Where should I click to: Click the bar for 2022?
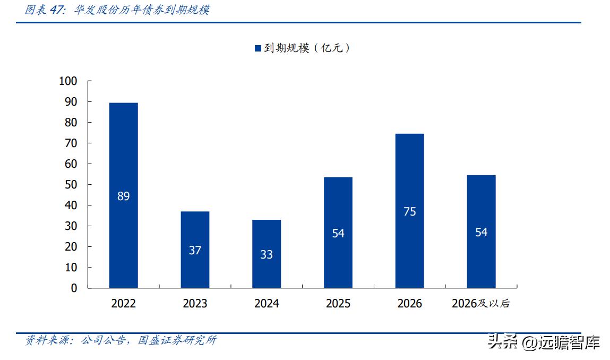123,159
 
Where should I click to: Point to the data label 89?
123,196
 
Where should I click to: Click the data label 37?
195,250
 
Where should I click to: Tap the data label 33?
267,255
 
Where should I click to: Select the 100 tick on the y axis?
68,81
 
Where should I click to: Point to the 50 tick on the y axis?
71,185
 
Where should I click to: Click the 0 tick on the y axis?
74,288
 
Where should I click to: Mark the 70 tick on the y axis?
71,143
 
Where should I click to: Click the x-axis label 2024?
267,304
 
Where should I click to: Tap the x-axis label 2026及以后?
481,304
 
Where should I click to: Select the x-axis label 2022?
123,304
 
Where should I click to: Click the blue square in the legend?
258,48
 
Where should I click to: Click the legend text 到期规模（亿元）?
307,48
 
